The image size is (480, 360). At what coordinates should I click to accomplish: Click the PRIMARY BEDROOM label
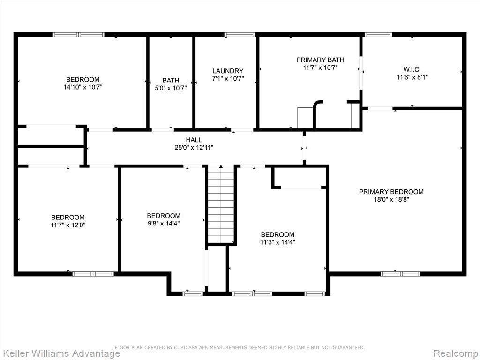(x=391, y=192)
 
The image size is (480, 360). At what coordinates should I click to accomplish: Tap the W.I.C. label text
(x=412, y=69)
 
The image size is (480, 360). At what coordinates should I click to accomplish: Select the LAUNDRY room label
(x=228, y=71)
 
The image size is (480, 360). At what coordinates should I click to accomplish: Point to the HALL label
(x=194, y=140)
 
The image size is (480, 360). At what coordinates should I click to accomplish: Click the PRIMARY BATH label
(x=320, y=60)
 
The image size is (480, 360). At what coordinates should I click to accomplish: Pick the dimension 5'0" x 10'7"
(x=171, y=88)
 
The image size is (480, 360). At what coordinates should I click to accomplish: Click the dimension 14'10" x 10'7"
(x=82, y=87)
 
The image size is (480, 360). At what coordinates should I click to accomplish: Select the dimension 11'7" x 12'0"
(x=68, y=225)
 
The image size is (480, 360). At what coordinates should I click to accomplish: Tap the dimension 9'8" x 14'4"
(x=164, y=224)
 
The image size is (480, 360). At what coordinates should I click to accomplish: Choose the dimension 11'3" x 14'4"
(x=277, y=242)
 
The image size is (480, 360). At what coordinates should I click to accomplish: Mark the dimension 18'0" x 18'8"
(x=391, y=200)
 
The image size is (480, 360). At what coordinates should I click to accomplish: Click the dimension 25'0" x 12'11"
(x=194, y=148)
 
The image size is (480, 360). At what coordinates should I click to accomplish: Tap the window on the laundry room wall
(x=240, y=35)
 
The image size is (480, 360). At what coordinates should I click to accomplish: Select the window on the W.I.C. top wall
(x=378, y=35)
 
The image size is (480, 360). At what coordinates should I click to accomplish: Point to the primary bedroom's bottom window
(x=400, y=274)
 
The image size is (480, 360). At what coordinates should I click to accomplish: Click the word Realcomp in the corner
(x=456, y=353)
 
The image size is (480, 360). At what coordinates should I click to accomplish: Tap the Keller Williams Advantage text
(x=60, y=353)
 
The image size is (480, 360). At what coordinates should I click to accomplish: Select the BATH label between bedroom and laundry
(x=171, y=81)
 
